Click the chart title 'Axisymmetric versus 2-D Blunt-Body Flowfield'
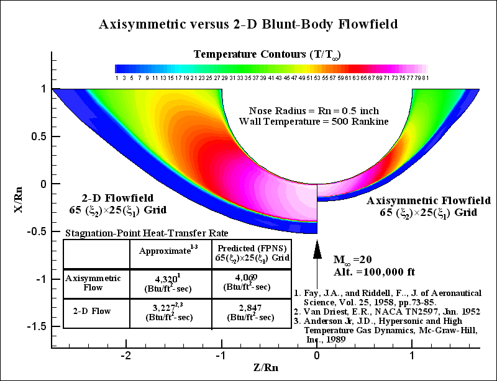tap(248, 25)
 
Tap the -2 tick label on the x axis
tap(126, 357)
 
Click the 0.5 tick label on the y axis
tap(42, 137)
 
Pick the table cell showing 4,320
tap(171, 283)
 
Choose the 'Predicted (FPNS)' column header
tap(247, 251)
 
